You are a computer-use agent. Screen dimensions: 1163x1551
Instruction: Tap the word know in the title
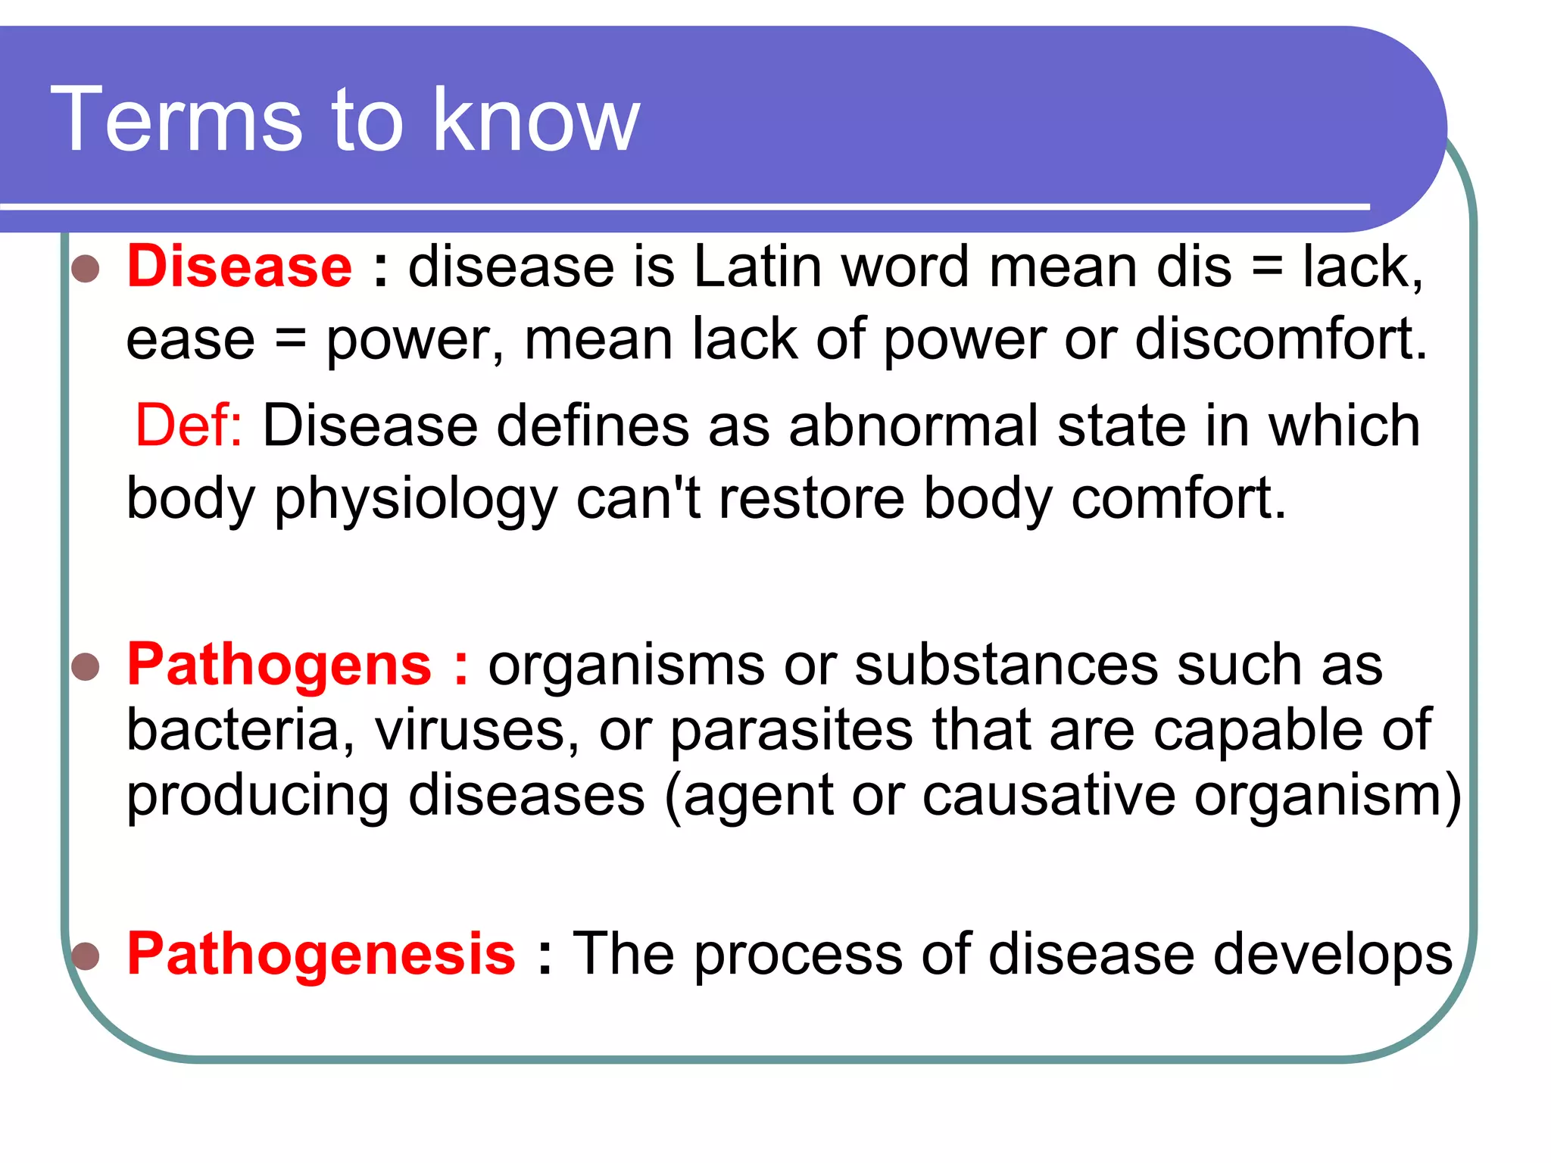point(536,120)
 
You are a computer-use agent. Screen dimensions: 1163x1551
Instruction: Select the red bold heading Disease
point(239,267)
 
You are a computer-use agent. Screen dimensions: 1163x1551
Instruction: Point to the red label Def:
point(189,426)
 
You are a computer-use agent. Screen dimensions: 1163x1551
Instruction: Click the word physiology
point(416,500)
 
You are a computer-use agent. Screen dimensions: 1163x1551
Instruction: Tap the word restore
point(811,500)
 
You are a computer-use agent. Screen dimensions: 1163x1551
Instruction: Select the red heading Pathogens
point(279,665)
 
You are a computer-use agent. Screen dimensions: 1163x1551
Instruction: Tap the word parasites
point(791,731)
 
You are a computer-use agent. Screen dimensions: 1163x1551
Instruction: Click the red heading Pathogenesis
point(321,954)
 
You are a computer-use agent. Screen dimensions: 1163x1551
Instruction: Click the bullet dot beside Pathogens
point(86,667)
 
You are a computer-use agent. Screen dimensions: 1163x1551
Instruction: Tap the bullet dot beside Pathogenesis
point(86,956)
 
